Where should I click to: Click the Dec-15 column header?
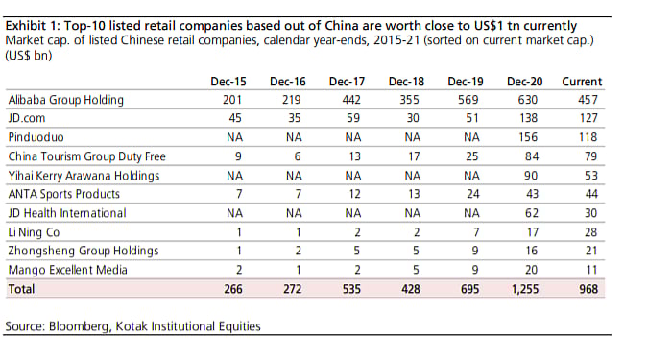pos(228,82)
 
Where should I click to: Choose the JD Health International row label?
pos(65,212)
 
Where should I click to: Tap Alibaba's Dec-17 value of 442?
pos(352,100)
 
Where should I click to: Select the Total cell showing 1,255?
pos(524,288)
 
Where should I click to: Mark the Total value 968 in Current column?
pos(588,288)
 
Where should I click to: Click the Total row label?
pos(21,288)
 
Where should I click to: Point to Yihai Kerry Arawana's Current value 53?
pos(591,175)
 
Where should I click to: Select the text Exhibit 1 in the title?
pos(33,23)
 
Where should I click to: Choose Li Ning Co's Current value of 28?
pos(591,231)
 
